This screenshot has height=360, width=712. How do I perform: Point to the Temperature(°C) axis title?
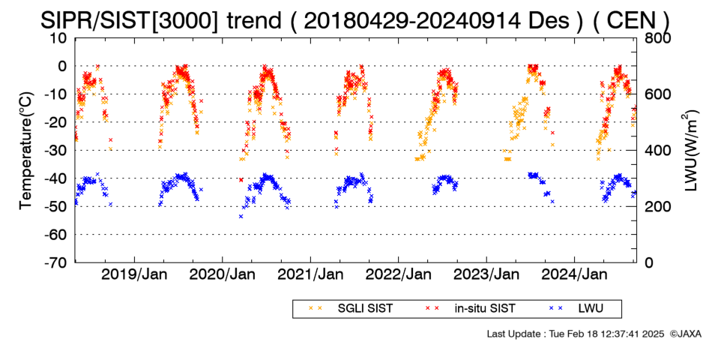(x=26, y=151)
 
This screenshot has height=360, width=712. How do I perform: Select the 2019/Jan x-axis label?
(x=134, y=274)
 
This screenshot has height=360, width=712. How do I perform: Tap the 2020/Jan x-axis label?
(x=222, y=274)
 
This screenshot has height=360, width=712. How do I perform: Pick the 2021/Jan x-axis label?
(x=310, y=274)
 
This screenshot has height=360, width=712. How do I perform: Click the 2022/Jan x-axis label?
(x=399, y=274)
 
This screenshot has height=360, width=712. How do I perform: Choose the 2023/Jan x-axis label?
(x=486, y=274)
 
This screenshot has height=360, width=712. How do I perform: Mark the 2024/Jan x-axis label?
(x=574, y=274)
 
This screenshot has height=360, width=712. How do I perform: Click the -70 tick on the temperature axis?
(x=55, y=262)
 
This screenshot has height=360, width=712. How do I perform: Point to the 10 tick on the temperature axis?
(x=59, y=38)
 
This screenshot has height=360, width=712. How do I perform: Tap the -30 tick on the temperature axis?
(x=55, y=151)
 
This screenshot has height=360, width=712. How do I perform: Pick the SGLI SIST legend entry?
(x=351, y=309)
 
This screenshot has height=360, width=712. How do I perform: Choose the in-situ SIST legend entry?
(x=470, y=309)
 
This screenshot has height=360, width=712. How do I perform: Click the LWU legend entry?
(x=576, y=309)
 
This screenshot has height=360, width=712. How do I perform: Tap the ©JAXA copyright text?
(x=685, y=334)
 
